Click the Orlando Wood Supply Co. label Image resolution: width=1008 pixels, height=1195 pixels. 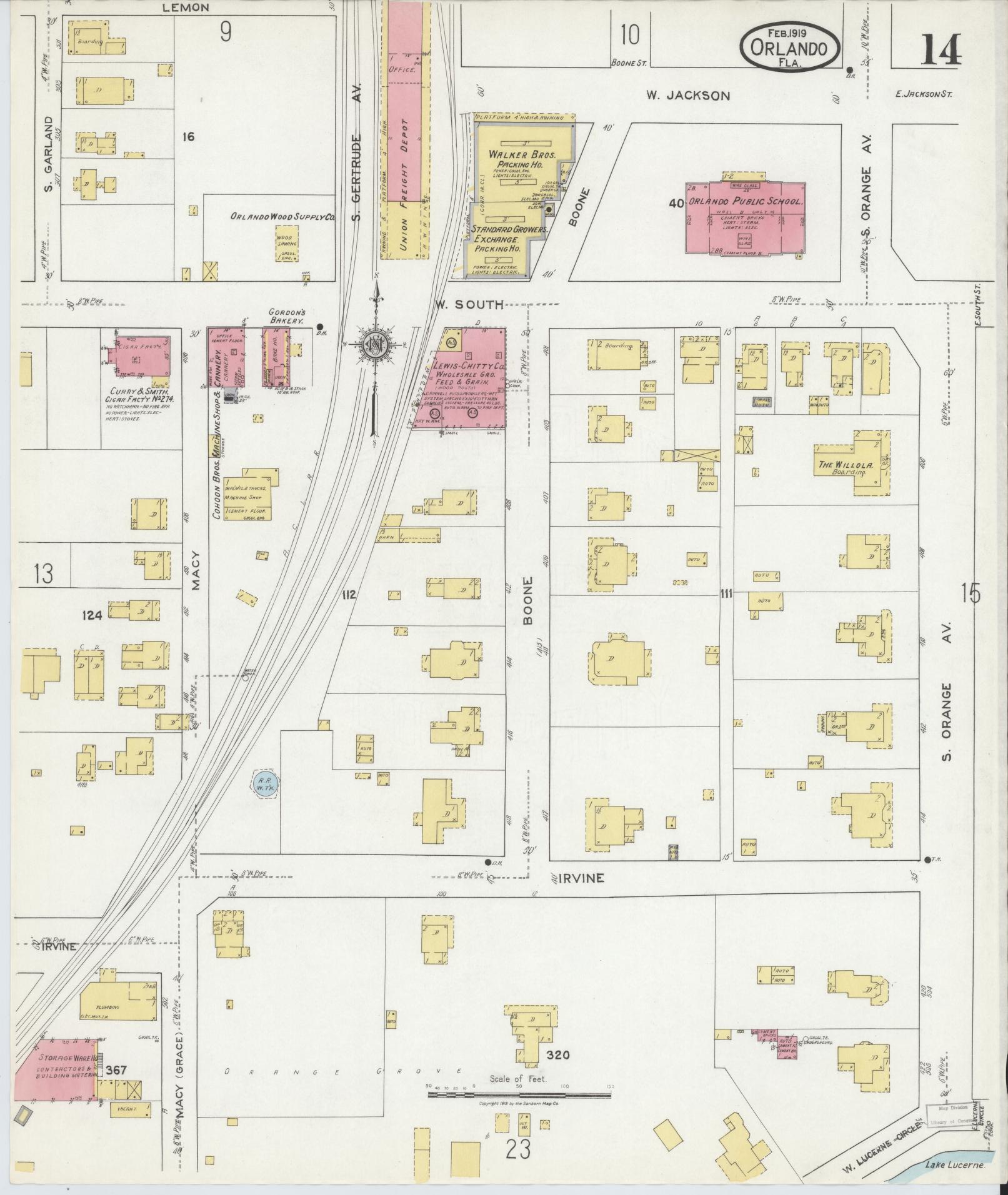[x=282, y=217]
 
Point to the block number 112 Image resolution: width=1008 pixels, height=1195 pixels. [x=347, y=595]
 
